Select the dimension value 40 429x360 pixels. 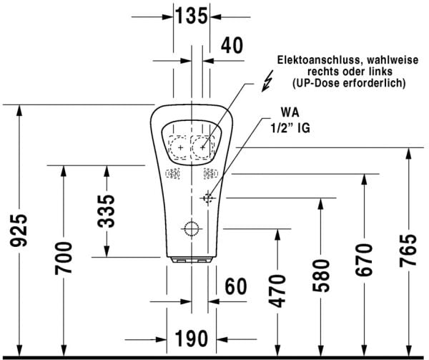(232, 46)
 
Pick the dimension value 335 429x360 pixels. (106, 210)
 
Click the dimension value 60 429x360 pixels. (235, 286)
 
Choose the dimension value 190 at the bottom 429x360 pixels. (192, 336)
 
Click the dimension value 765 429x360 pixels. (407, 251)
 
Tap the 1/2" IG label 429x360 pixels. (292, 130)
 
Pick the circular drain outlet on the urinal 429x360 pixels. (191, 229)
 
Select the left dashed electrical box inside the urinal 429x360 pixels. (178, 146)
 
